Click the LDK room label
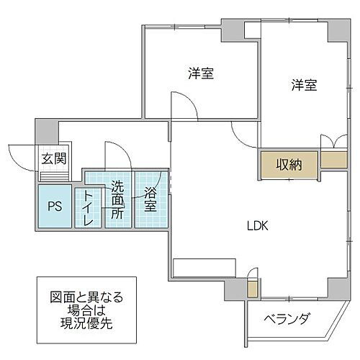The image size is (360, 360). tap(257, 225)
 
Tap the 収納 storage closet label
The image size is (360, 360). tap(287, 165)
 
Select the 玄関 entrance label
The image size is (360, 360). tap(53, 158)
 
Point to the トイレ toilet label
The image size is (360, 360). tap(89, 207)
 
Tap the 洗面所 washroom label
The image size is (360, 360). tap(117, 200)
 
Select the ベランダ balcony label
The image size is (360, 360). tap(286, 318)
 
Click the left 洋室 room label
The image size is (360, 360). tap(201, 73)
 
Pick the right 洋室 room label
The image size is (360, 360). tap(305, 85)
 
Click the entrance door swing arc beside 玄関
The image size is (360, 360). tap(22, 153)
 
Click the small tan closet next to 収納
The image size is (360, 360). tap(332, 160)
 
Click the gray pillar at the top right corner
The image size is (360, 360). tap(336, 28)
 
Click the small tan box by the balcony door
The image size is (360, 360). tap(251, 290)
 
